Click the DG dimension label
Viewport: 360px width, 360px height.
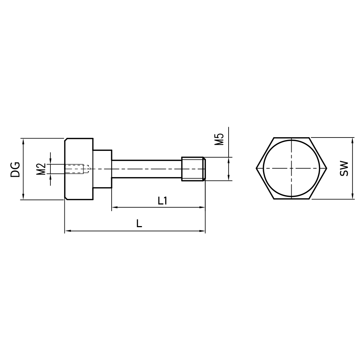[15, 169]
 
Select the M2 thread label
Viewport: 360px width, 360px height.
[41, 168]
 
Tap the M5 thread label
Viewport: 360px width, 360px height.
[219, 139]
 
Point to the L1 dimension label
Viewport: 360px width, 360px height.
[162, 201]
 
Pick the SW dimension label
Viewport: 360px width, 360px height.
[344, 168]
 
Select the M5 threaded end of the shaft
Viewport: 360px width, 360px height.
[193, 168]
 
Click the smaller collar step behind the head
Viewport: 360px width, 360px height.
[102, 168]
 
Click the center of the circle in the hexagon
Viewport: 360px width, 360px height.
[292, 168]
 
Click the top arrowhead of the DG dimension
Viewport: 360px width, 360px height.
[23, 141]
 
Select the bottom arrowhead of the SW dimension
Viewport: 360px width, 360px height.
[352, 196]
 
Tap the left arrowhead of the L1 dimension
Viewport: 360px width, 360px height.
[114, 207]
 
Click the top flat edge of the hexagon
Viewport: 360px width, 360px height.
[292, 138]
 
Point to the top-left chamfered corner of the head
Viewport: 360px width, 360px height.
[66, 139]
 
